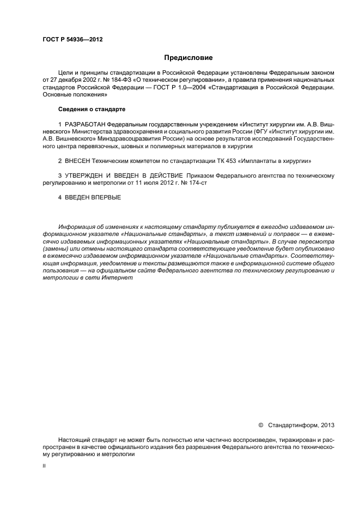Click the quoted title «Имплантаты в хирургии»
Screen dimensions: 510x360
276,161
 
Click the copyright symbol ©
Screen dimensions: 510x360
260,424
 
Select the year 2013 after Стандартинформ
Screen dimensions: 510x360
328,424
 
